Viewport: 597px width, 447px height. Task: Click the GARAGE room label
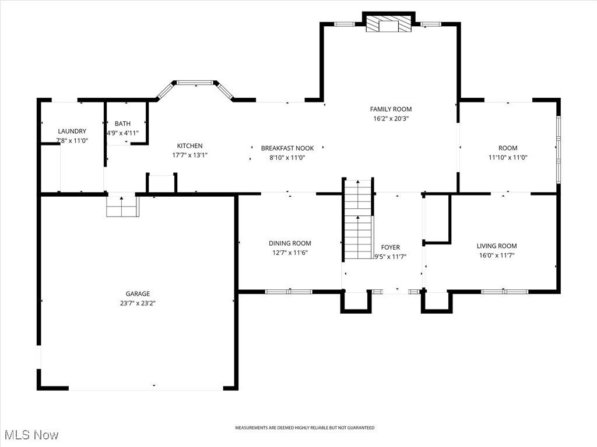tap(138, 294)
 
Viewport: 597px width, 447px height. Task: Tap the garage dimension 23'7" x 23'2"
tap(138, 303)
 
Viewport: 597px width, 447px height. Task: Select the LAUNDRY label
tap(72, 132)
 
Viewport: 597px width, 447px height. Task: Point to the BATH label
tap(122, 123)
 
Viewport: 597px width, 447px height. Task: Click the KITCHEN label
tap(190, 146)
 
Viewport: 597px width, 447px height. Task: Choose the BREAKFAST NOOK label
tap(287, 148)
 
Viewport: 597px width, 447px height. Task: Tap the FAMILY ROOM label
tap(391, 109)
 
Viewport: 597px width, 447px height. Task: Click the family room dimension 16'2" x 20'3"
tap(391, 118)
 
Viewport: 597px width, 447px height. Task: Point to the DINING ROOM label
tap(290, 243)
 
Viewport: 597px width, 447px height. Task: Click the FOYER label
tap(390, 247)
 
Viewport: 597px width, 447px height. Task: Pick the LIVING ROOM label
tap(496, 246)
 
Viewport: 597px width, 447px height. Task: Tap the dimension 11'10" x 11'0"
tap(507, 157)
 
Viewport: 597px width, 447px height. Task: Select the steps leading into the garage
tap(122, 207)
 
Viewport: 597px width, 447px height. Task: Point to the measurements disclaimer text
tap(304, 428)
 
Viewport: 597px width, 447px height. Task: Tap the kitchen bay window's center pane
tap(195, 83)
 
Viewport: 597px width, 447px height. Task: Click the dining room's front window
tap(289, 291)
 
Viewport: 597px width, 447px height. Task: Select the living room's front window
tap(504, 291)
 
